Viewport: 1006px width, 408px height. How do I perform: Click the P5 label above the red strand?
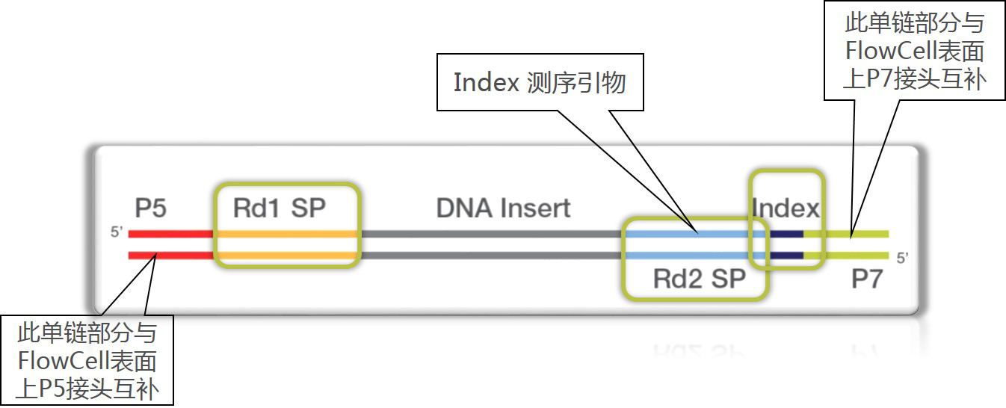tap(151, 208)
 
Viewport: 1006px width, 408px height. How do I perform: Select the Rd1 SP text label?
tap(279, 208)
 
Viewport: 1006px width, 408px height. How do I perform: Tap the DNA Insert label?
tap(503, 208)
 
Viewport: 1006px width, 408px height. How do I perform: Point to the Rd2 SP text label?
tap(699, 279)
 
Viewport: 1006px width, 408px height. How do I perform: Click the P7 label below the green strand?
tap(867, 280)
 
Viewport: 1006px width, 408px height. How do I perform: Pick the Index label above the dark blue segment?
tap(786, 208)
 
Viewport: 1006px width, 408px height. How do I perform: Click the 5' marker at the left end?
tap(116, 233)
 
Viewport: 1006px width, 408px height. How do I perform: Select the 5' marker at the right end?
tap(902, 259)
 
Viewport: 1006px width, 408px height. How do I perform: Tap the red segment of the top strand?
tap(171, 234)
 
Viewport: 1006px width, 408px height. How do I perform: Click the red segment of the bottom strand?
tap(171, 256)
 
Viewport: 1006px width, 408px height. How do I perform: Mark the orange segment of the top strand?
tap(288, 234)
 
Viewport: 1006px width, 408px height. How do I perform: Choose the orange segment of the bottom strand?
tap(288, 256)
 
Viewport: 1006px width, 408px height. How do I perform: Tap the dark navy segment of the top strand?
tap(785, 234)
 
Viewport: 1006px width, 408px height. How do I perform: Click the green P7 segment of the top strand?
tap(852, 234)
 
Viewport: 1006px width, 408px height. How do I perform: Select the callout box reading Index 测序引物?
tap(540, 82)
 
